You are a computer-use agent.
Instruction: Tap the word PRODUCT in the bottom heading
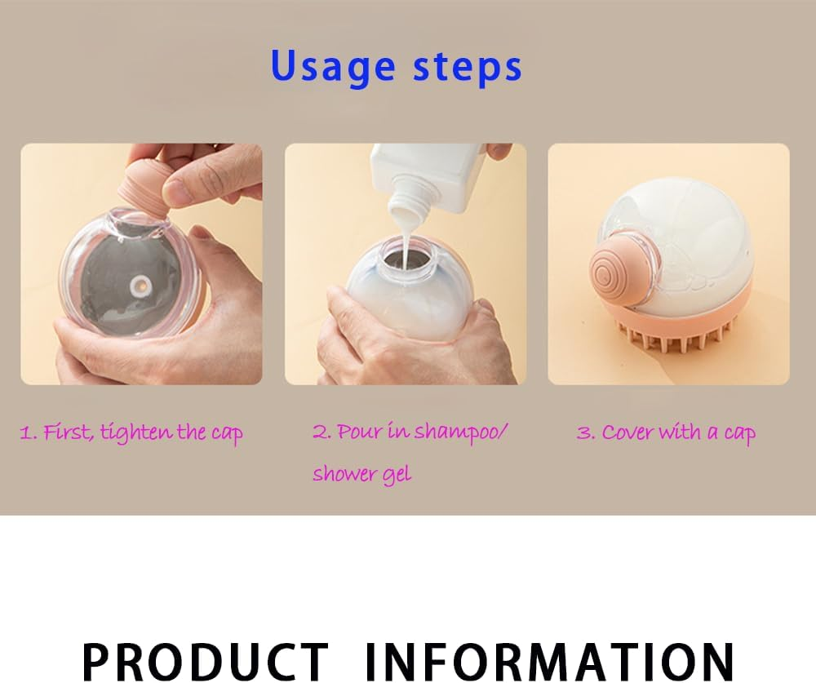pos(205,661)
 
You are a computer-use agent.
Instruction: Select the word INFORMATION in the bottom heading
pos(549,661)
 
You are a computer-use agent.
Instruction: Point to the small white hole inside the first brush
pos(140,285)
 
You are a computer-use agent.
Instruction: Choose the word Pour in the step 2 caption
pos(359,432)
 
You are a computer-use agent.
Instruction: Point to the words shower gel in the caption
pos(361,474)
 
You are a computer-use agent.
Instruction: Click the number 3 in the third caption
pos(583,433)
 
